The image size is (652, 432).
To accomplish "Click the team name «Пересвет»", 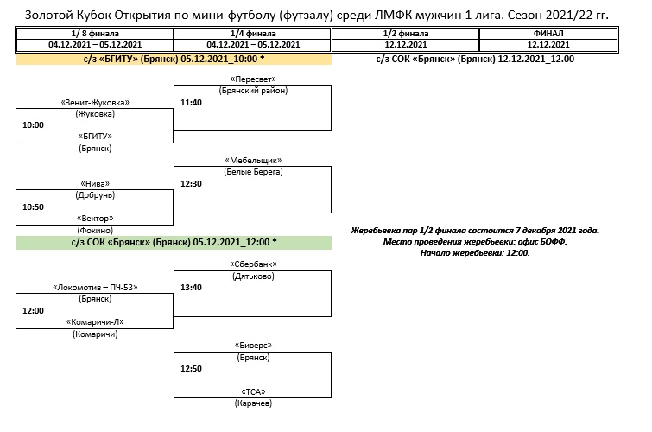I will tap(253, 79).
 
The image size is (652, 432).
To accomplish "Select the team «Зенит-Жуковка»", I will tap(94, 102).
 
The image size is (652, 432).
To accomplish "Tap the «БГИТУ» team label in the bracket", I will tap(95, 137).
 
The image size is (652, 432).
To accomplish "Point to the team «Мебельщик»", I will tap(253, 161).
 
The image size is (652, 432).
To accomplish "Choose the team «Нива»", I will tap(95, 183).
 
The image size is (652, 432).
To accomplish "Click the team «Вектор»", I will tap(95, 219).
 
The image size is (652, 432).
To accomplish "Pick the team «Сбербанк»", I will tap(253, 264).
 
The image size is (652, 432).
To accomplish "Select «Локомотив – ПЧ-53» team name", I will tap(95, 287).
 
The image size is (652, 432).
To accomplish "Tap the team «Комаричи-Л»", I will tap(95, 321).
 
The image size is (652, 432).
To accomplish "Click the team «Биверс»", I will tap(253, 345).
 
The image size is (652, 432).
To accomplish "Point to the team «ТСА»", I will tap(253, 391).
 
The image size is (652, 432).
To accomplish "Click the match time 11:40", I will tap(191, 102).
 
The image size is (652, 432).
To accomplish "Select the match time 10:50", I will tap(33, 206).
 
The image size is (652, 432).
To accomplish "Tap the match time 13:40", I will tap(191, 287).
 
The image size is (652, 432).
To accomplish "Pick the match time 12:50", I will tap(191, 368).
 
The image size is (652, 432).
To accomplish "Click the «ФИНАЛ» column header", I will tap(548, 33).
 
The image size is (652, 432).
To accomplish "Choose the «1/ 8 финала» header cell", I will tap(95, 33).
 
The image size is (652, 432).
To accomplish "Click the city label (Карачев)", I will tap(253, 403).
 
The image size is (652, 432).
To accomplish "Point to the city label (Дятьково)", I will tap(253, 276).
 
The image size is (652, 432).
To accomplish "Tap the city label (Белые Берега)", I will tap(253, 173).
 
